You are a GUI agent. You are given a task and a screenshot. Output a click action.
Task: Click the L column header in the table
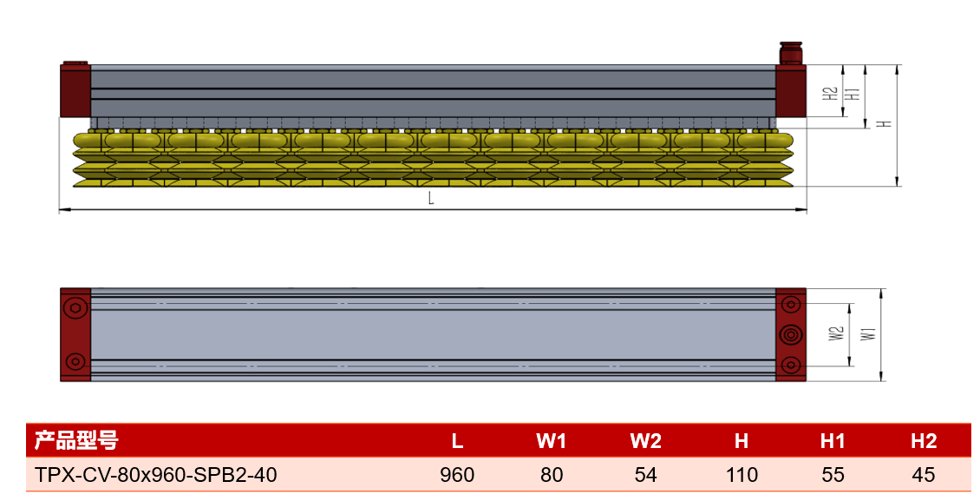457,441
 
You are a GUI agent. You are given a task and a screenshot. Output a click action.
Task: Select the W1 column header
551,441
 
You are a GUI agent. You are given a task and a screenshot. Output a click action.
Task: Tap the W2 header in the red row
645,441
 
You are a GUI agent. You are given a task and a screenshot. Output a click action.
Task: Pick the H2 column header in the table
924,441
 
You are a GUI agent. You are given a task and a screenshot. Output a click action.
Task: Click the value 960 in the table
457,475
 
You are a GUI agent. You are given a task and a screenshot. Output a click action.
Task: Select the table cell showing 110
742,475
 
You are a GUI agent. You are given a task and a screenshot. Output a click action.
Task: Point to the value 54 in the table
645,475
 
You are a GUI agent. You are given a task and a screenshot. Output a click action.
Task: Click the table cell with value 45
923,475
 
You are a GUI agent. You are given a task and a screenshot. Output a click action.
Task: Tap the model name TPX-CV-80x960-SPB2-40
155,475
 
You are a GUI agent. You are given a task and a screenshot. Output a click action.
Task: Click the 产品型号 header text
76,440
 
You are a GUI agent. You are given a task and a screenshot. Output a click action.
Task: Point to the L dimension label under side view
431,198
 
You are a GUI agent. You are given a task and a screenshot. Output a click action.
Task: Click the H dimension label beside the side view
884,124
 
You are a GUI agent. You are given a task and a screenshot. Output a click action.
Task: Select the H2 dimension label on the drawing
829,93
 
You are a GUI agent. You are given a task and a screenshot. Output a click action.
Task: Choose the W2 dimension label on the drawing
836,333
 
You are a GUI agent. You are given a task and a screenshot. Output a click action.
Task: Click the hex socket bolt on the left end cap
75,307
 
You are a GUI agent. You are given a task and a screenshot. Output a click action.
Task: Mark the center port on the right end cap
791,334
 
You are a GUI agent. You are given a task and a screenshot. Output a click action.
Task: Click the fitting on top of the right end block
791,53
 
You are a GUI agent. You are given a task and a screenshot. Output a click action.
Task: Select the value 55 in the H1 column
833,475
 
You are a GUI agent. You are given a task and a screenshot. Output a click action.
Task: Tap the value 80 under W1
552,475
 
